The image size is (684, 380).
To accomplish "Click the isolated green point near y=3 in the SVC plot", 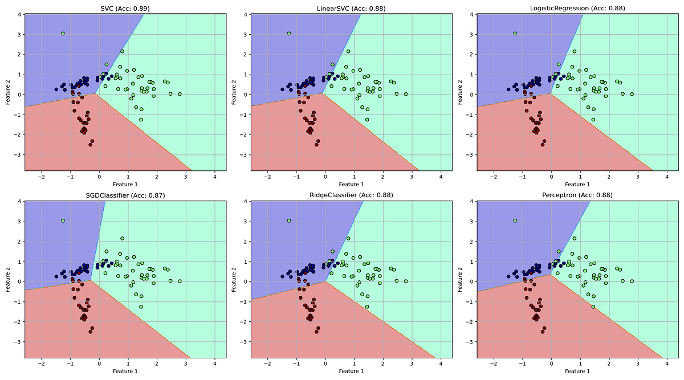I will [x=63, y=34].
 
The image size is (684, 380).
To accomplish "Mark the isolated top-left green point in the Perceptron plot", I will [x=515, y=220].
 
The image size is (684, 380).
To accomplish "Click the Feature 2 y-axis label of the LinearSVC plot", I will [x=234, y=92].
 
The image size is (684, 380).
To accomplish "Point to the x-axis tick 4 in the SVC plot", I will [x=214, y=177].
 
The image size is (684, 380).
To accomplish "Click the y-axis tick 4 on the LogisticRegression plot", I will [x=471, y=14].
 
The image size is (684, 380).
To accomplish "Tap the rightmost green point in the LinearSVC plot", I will [x=405, y=95].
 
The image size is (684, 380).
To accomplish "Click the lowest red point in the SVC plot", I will [x=90, y=145].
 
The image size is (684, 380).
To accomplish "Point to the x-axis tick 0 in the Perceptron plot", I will [x=551, y=363].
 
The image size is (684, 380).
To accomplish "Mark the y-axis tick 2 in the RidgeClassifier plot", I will [x=245, y=242].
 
